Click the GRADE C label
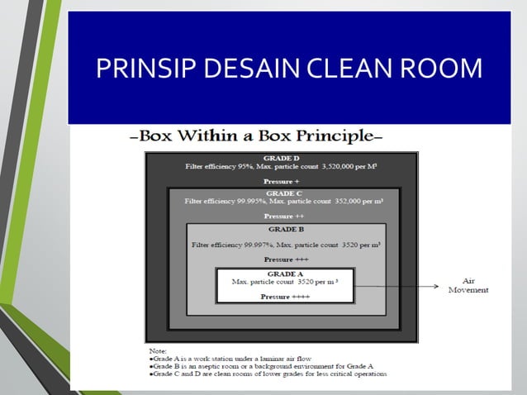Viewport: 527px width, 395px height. (x=284, y=193)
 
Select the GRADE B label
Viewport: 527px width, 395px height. (x=286, y=229)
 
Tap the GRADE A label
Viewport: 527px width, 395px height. (x=286, y=274)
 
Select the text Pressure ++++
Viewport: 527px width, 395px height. (x=285, y=297)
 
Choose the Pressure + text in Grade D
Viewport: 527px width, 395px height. (x=282, y=181)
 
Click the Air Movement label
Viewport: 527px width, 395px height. (x=468, y=285)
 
